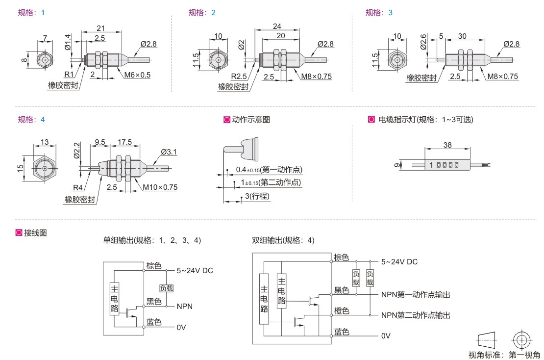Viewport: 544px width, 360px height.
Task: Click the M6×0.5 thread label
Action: [x=136, y=75]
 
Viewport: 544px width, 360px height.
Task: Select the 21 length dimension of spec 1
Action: [x=101, y=28]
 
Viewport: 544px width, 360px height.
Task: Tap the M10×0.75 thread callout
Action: [x=160, y=187]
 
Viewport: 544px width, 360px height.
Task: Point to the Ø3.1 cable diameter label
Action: [x=168, y=152]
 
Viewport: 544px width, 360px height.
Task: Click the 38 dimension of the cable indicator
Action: [x=447, y=145]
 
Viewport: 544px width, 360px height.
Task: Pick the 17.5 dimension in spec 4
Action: [x=124, y=142]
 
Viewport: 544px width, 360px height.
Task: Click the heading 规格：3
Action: [x=379, y=13]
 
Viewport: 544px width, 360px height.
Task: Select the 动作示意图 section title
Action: [x=250, y=119]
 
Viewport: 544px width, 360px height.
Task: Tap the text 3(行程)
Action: [x=257, y=196]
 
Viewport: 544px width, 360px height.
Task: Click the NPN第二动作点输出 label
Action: [x=416, y=315]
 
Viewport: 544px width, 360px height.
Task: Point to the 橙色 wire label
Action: [x=342, y=311]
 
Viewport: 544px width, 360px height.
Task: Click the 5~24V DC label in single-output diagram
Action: [x=195, y=270]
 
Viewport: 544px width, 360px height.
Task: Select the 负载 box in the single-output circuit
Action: [x=166, y=288]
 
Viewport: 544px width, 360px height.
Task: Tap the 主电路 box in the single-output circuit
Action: [x=114, y=297]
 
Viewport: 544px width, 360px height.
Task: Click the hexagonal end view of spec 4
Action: [x=45, y=168]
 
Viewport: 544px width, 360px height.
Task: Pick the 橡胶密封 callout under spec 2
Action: [x=233, y=87]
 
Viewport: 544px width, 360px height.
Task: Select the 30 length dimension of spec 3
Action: [x=462, y=36]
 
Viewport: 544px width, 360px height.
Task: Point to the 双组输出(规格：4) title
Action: [x=283, y=240]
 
